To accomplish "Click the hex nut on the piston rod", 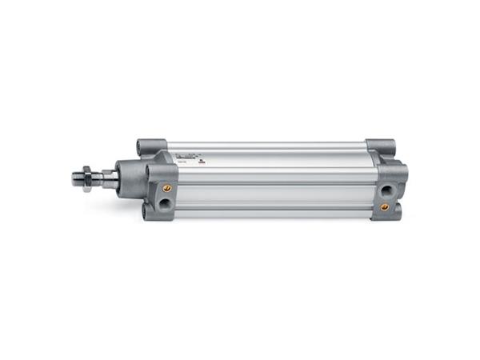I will (86, 177).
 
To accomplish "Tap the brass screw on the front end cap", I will (167, 188).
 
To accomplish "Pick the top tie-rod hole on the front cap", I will (145, 148).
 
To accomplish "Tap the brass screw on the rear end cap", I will (384, 206).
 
